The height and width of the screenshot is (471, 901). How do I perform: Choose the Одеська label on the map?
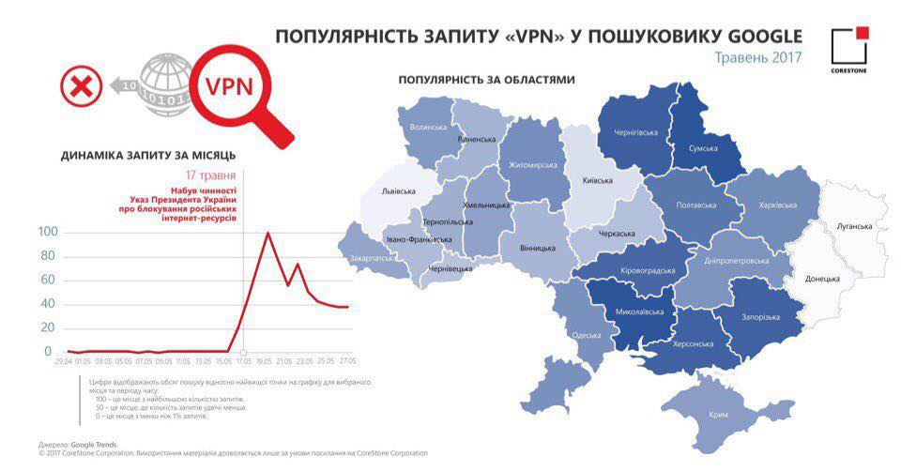(586, 336)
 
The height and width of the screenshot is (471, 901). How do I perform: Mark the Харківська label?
(777, 205)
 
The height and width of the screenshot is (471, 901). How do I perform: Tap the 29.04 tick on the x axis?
(64, 360)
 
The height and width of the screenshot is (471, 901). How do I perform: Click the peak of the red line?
(268, 233)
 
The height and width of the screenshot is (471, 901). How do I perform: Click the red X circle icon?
(81, 88)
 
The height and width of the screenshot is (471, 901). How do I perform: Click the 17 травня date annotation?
(210, 175)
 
